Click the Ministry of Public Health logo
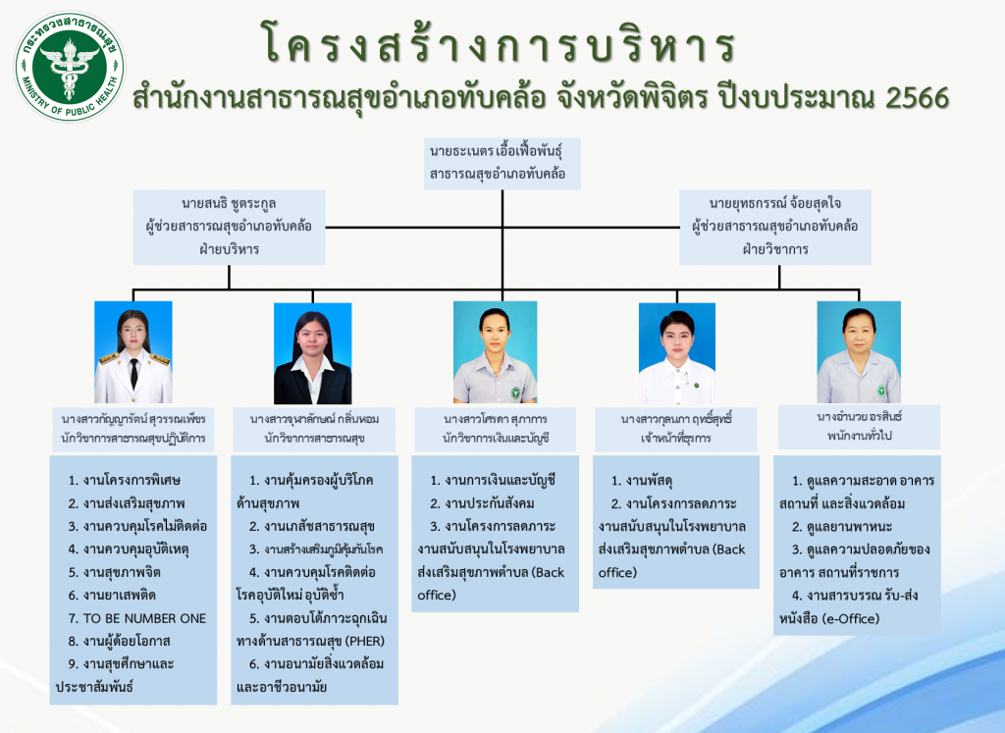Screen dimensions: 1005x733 pos(70,67)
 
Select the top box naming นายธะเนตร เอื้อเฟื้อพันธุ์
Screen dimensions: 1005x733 pos(502,164)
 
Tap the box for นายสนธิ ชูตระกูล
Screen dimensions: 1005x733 pos(229,227)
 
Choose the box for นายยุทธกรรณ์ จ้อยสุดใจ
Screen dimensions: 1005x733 pos(775,227)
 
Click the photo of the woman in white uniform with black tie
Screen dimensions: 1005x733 pos(133,352)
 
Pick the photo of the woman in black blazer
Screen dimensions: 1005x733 pos(313,353)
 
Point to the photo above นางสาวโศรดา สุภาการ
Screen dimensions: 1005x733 pos(495,351)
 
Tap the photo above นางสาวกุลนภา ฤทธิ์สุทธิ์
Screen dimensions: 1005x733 pos(677,353)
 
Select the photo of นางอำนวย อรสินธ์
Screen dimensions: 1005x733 pos(859,351)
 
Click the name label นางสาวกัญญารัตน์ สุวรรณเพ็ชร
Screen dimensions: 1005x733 pos(133,419)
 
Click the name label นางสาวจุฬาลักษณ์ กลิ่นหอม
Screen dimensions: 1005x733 pos(314,419)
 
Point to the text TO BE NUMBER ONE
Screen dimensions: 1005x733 pos(144,618)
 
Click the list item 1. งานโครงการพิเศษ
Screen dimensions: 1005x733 pos(125,480)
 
